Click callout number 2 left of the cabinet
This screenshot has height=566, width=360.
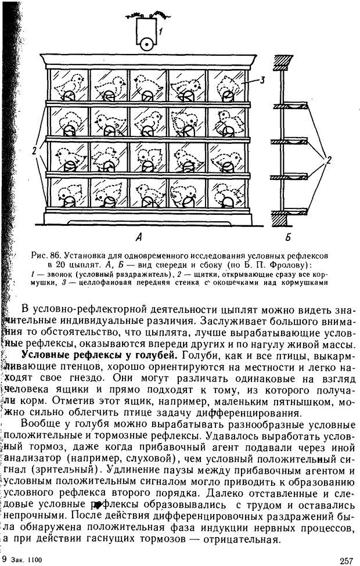coord(35,150)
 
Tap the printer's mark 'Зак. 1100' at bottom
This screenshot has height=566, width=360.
coord(28,560)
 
